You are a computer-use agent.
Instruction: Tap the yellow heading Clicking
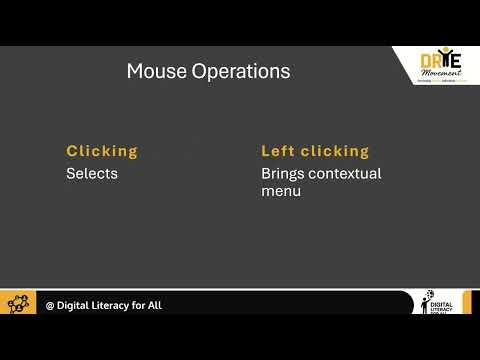coord(102,151)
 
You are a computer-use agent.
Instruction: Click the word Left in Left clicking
coord(277,151)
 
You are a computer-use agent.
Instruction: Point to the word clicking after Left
coord(334,151)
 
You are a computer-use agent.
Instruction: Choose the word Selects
coord(92,173)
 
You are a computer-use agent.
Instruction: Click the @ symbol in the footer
coord(50,305)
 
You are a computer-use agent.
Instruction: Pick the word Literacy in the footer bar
coord(117,305)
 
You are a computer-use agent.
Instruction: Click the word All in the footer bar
coord(154,305)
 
